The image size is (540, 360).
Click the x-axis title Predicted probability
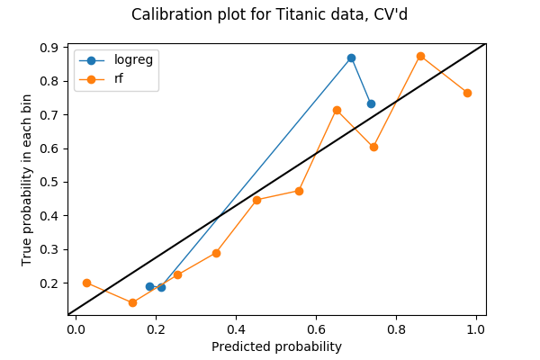[276, 346]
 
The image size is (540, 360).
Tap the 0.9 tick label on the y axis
[50, 48]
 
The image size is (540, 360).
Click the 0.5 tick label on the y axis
[50, 182]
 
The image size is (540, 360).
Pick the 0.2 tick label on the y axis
[50, 283]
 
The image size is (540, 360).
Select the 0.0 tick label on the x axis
[76, 328]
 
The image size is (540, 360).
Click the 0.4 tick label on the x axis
[236, 328]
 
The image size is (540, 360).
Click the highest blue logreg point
[351, 58]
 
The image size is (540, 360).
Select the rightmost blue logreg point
[371, 103]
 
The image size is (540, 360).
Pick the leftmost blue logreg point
[150, 286]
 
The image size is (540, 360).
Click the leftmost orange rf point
[86, 283]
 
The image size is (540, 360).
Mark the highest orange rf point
[420, 56]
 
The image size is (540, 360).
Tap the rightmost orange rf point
[467, 93]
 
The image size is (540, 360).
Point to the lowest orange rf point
[132, 302]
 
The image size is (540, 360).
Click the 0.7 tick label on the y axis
[50, 114]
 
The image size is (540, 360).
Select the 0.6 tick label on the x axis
[316, 328]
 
